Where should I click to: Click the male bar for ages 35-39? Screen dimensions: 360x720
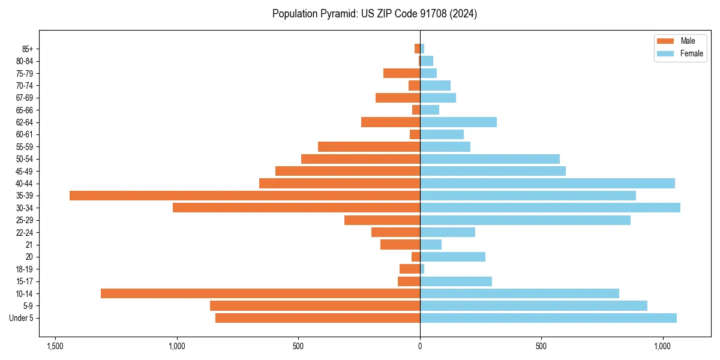245,196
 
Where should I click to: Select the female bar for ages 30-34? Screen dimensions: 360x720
550,208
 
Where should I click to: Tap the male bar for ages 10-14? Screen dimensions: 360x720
260,293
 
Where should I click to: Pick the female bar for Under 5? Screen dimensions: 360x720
548,318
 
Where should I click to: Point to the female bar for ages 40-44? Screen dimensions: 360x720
547,183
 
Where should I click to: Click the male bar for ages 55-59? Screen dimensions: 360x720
369,146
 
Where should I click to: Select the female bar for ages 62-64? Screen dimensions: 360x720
458,122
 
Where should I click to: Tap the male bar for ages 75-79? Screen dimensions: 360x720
402,73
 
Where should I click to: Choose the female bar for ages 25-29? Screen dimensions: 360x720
525,220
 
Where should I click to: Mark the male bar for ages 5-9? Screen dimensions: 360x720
315,305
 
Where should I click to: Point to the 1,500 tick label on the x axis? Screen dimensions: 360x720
55,347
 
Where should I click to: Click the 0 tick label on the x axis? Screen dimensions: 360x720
420,347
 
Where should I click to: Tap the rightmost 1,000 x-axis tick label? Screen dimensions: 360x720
663,347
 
